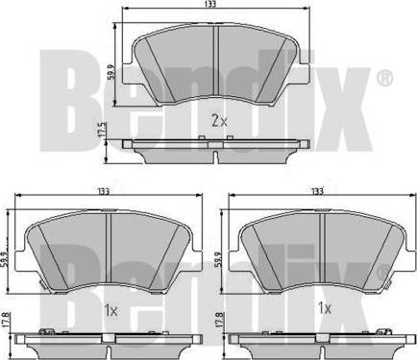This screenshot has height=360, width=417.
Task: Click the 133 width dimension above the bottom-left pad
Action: coord(104,191)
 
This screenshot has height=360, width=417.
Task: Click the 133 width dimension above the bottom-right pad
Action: coord(317,191)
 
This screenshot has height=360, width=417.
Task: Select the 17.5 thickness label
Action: coord(102,130)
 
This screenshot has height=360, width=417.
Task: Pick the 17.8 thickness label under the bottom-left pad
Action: coord(5,319)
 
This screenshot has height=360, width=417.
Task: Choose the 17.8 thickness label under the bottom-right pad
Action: coord(218,319)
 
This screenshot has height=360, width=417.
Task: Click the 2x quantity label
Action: coord(219,121)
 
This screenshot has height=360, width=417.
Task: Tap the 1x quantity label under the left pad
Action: coord(110,310)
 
